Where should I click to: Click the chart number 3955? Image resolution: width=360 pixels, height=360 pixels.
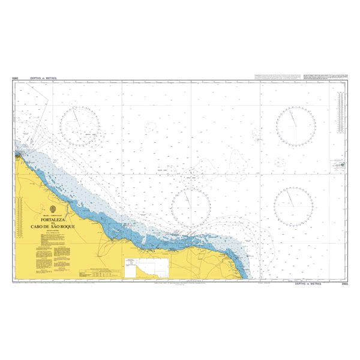pos(344,283)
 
